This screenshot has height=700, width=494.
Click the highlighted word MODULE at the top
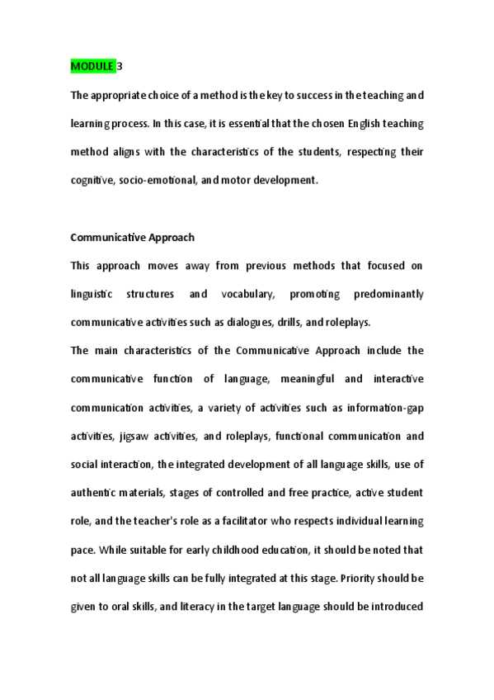coord(92,65)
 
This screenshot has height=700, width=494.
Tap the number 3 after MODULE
coord(120,65)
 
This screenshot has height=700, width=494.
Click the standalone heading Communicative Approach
coord(133,238)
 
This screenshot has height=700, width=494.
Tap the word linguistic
coord(95,295)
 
